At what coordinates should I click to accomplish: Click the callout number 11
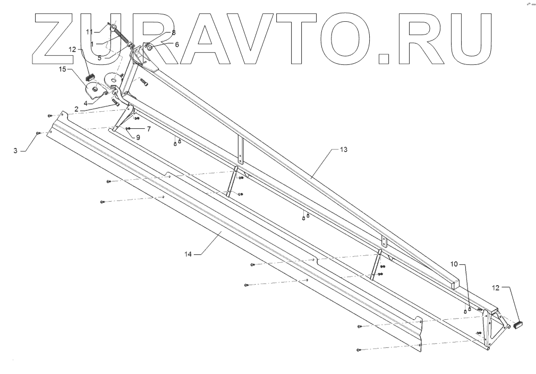90,32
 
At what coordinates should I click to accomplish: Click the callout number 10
454,263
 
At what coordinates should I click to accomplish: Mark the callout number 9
137,137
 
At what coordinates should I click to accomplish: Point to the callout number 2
77,109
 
